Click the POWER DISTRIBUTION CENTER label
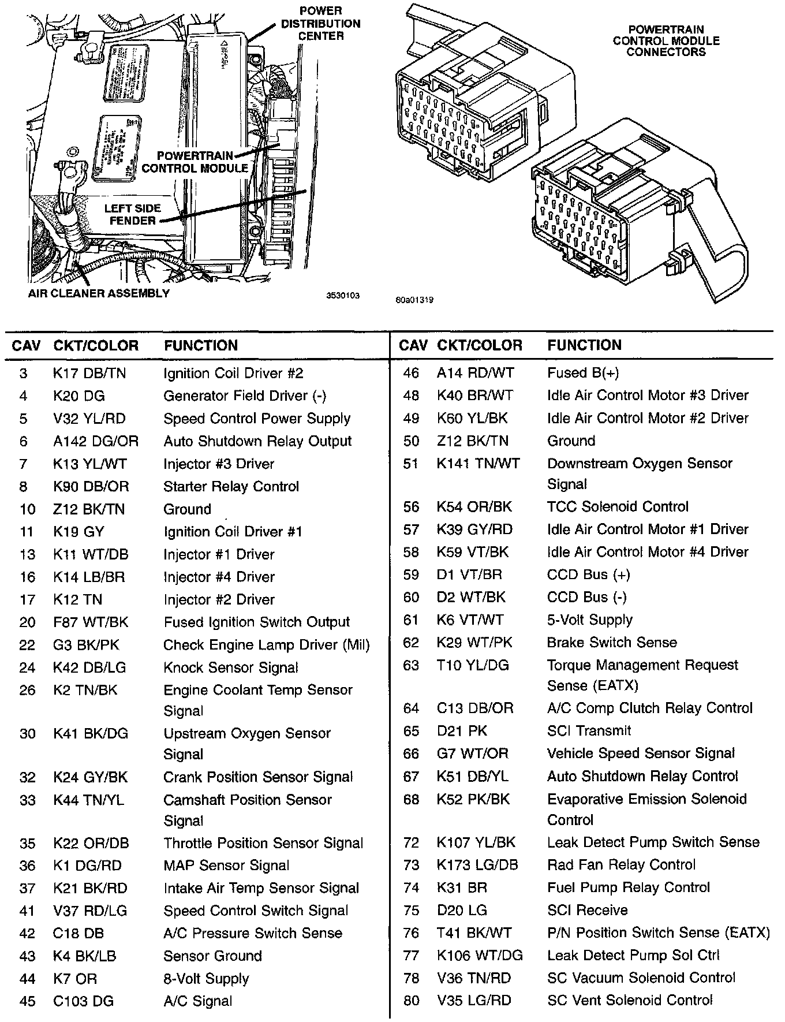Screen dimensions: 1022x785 (320, 23)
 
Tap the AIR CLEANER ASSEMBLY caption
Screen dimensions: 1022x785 (99, 293)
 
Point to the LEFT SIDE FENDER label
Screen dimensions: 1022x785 (132, 214)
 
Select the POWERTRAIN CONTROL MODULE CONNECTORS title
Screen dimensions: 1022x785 (666, 40)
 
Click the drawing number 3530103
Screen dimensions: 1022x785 (343, 296)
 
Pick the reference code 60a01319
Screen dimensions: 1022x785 (414, 300)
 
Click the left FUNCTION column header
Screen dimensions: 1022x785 (200, 346)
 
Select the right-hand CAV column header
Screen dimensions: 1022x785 (413, 346)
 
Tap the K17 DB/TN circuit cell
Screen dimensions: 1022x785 (89, 374)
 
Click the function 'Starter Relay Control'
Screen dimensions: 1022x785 (231, 487)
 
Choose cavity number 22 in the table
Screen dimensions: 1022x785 (27, 646)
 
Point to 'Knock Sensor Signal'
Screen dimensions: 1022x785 (230, 668)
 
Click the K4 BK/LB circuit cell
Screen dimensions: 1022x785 (84, 956)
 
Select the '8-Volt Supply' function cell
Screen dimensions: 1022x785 (206, 979)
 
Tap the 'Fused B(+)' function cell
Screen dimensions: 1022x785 (582, 373)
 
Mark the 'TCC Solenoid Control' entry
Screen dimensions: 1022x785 (618, 507)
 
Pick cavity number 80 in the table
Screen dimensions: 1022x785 (411, 1001)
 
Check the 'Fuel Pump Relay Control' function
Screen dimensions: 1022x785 (628, 887)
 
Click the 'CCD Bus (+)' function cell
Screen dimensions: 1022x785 (588, 575)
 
